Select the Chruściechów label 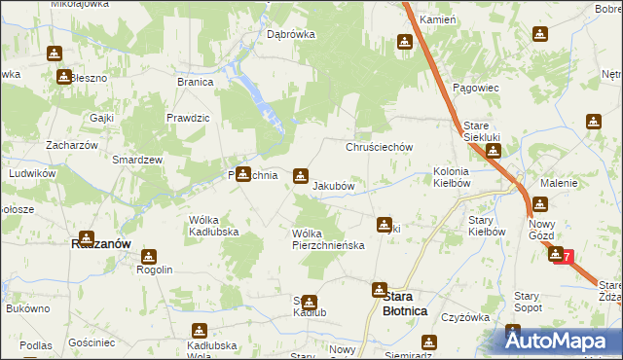381,147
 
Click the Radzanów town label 101,244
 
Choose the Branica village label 195,82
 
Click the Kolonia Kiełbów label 452,176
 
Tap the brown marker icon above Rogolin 148,257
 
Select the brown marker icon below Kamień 404,42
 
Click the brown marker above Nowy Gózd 539,205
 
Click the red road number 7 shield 562,256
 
